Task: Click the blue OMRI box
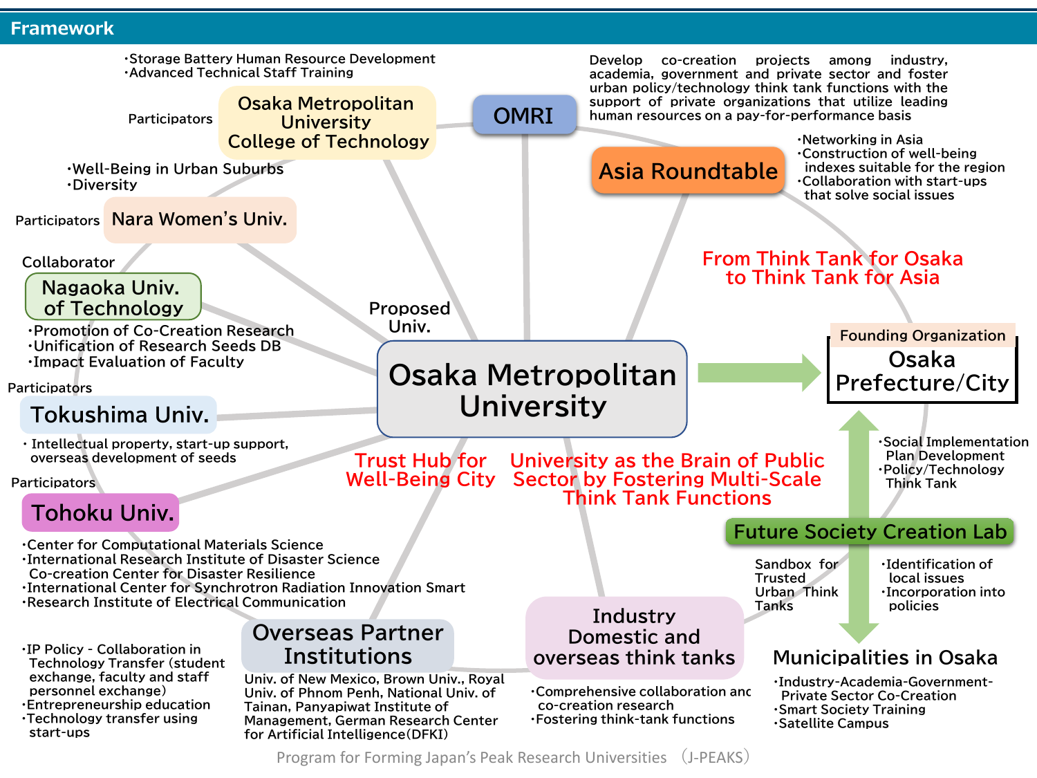(525, 115)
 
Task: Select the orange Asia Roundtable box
(688, 171)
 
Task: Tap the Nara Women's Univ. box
(200, 220)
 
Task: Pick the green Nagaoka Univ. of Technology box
(113, 297)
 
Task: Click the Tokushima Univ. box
(118, 415)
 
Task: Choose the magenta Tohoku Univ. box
(101, 512)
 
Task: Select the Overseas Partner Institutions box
(348, 645)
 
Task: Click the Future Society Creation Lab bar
(870, 531)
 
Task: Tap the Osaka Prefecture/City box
(922, 371)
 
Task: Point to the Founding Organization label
(922, 335)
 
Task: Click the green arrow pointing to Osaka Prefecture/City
(759, 373)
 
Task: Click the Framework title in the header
(62, 28)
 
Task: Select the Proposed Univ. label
(409, 317)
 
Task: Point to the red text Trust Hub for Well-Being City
(420, 470)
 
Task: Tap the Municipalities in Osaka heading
(885, 657)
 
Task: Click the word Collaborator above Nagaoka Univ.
(68, 262)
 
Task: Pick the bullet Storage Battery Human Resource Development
(280, 59)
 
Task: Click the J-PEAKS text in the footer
(715, 757)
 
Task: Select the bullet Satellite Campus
(832, 723)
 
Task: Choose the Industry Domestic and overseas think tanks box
(635, 637)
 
